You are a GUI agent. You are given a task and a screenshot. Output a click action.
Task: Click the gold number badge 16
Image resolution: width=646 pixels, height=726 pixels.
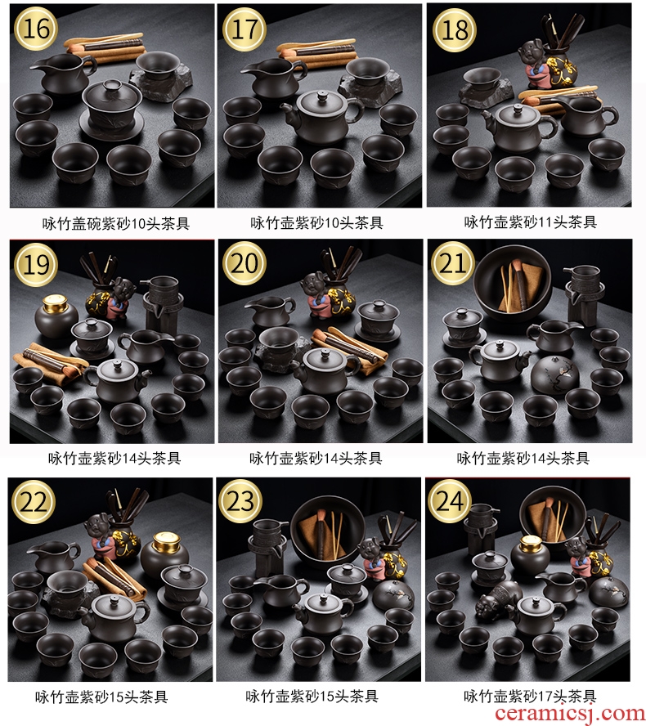[36, 29]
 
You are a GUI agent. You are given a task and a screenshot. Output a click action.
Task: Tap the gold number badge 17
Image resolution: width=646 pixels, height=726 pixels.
[244, 29]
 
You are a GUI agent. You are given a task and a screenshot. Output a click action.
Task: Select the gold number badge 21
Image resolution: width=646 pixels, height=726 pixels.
[452, 263]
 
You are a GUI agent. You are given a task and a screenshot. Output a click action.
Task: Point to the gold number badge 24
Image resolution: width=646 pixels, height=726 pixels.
[449, 501]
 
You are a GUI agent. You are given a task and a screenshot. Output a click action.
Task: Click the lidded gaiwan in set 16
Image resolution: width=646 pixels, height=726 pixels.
[111, 106]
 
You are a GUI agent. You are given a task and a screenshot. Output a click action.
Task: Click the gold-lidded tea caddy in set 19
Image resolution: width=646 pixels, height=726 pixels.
[56, 316]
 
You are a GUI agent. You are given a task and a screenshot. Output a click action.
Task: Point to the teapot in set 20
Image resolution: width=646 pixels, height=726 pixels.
[326, 371]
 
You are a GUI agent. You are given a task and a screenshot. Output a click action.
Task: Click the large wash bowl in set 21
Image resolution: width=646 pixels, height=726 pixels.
[512, 285]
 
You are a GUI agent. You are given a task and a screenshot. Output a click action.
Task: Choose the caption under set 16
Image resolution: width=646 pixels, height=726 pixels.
[116, 223]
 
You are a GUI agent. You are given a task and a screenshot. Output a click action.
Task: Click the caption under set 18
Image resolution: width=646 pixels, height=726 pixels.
[530, 222]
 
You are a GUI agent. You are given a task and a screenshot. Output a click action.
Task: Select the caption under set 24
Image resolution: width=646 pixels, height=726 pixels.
[530, 696]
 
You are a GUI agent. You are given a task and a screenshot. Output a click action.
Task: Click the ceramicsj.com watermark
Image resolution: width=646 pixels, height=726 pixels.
[570, 714]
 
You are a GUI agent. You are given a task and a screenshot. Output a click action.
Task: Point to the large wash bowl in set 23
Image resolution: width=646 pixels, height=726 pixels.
[327, 531]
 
